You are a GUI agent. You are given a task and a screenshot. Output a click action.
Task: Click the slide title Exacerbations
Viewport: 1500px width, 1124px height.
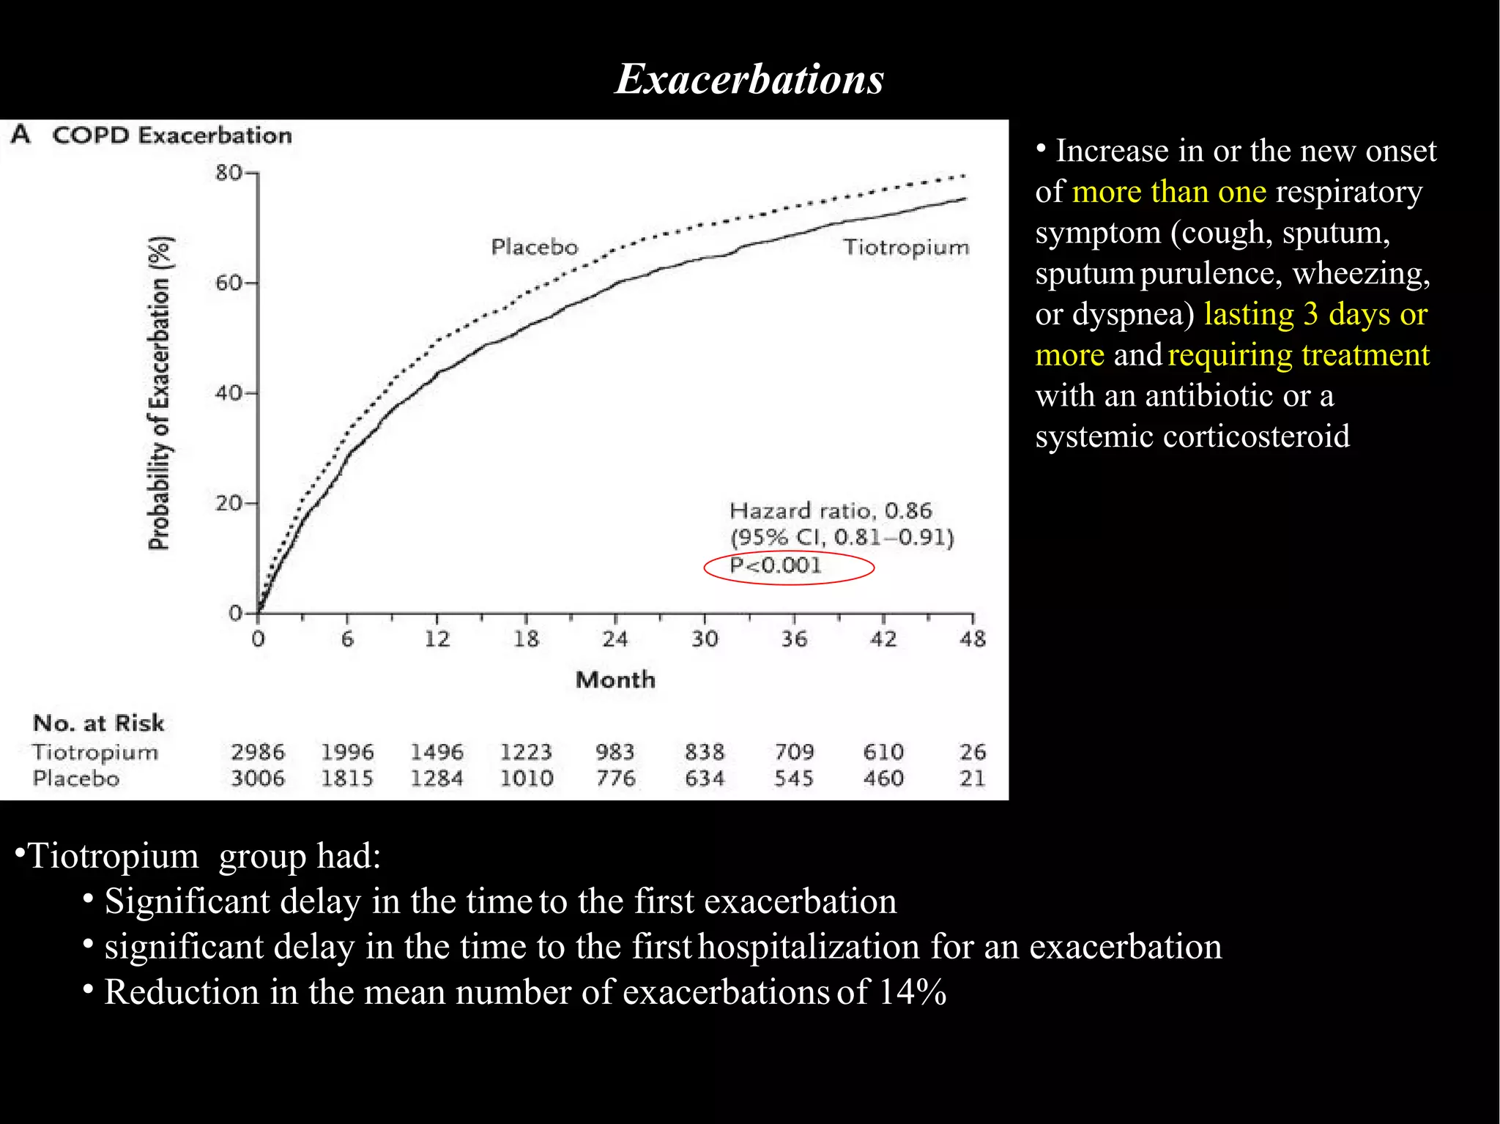coord(749,79)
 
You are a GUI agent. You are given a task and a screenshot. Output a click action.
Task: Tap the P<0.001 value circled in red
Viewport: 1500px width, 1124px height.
coord(776,565)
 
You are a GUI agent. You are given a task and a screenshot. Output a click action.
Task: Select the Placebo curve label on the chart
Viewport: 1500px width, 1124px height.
coord(534,247)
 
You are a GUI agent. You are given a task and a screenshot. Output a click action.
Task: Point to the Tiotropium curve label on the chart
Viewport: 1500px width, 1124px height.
coord(905,247)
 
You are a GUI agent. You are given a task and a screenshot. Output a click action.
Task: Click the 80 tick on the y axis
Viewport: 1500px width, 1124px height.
coord(228,173)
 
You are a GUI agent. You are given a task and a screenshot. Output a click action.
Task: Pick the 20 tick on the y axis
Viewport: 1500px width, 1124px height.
coord(228,504)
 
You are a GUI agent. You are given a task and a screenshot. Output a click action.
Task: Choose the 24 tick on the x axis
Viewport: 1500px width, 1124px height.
coord(615,639)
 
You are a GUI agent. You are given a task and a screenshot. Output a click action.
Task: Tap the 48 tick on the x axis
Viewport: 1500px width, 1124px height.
coord(973,639)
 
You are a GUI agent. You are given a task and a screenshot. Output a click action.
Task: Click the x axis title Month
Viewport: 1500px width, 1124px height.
coord(615,680)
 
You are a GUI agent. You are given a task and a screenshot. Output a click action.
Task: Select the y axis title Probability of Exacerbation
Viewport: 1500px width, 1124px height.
coord(159,393)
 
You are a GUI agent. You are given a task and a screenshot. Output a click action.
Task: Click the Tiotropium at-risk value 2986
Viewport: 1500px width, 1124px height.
coord(258,752)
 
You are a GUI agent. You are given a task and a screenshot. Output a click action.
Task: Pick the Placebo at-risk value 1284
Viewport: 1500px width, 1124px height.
coord(437,778)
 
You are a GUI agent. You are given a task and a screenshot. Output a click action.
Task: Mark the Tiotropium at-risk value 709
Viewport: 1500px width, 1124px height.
coord(794,752)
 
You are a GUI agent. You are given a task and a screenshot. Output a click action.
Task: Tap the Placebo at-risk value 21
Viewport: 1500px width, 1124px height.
coord(973,778)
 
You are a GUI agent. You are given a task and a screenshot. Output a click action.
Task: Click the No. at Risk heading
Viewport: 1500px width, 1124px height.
coord(98,723)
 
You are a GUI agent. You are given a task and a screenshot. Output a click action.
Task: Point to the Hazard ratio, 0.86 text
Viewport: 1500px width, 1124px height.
coord(831,510)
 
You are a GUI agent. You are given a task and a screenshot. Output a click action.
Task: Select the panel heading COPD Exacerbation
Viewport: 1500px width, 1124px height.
coord(171,135)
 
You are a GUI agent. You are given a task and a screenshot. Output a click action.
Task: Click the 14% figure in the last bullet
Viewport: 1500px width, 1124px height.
coord(913,992)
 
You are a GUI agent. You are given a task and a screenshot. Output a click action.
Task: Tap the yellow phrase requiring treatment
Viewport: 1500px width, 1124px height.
coord(1298,354)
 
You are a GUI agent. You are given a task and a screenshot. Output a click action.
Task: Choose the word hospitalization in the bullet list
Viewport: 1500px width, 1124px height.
coord(809,946)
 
